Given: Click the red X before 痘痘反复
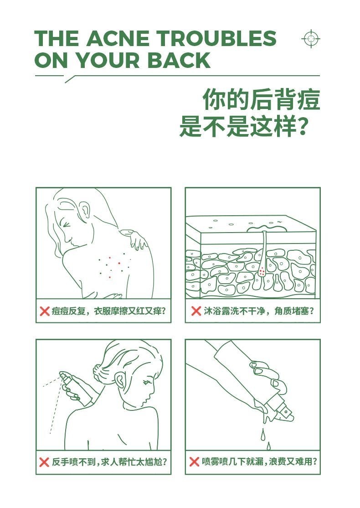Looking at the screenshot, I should (x=45, y=311).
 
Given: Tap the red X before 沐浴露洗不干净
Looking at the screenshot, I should (x=196, y=311).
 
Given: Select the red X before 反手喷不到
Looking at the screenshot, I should (x=45, y=462).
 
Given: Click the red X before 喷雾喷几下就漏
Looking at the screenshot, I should (x=195, y=462).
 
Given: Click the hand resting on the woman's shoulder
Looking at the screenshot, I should (x=137, y=239).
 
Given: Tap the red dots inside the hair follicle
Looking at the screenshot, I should (x=262, y=272).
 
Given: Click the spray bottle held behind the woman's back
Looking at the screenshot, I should (x=70, y=385).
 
